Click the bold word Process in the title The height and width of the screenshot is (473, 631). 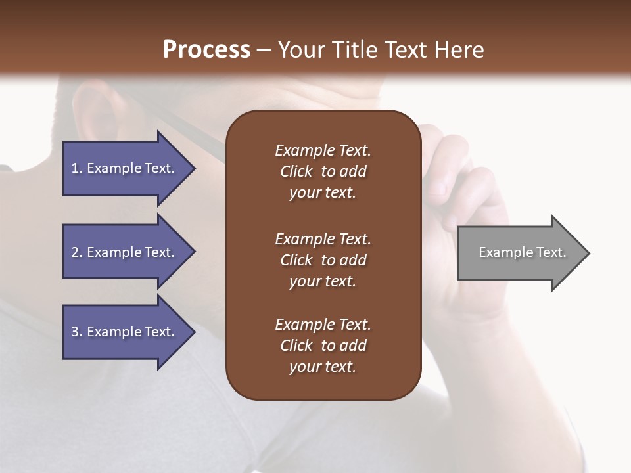(x=206, y=49)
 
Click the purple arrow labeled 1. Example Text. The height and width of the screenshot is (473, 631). (x=125, y=168)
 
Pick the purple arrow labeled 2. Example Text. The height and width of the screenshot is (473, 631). (x=125, y=252)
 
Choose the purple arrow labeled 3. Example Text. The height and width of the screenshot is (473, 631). (x=125, y=332)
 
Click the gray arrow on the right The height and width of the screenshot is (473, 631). (x=519, y=253)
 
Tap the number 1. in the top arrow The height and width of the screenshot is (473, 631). (x=77, y=168)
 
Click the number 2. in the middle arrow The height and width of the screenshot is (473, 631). (x=77, y=252)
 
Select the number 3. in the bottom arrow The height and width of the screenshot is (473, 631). (x=77, y=332)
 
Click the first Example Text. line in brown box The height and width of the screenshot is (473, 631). (x=323, y=150)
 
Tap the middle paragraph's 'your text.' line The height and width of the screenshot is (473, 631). (x=323, y=281)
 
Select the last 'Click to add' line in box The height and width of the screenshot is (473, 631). (x=323, y=346)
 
